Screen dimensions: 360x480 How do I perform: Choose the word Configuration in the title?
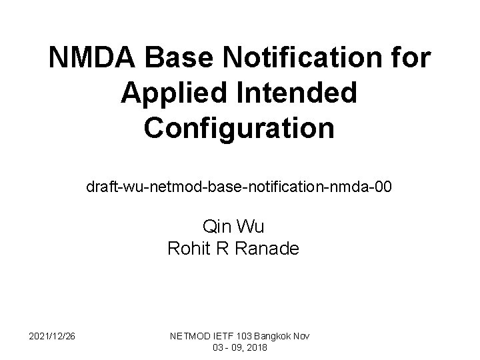pyautogui.click(x=239, y=127)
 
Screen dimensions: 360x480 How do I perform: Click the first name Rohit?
pyautogui.click(x=187, y=249)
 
